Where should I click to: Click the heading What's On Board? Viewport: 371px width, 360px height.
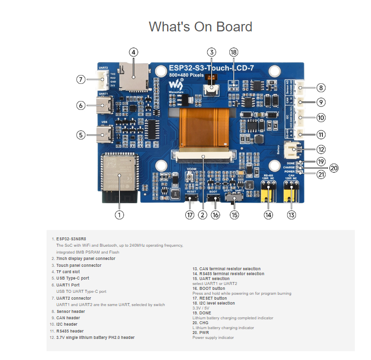coord(200,26)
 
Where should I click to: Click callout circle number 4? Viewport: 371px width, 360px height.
coord(133,52)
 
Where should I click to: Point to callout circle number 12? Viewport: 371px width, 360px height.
coord(321,149)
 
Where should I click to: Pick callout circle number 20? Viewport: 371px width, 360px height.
coord(334,168)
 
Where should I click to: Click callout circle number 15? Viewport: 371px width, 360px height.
coord(234,214)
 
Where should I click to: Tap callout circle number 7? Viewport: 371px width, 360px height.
coord(81,79)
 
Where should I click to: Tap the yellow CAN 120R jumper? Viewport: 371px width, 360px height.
coord(292,191)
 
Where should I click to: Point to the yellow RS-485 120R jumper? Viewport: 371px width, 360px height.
coord(268,191)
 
